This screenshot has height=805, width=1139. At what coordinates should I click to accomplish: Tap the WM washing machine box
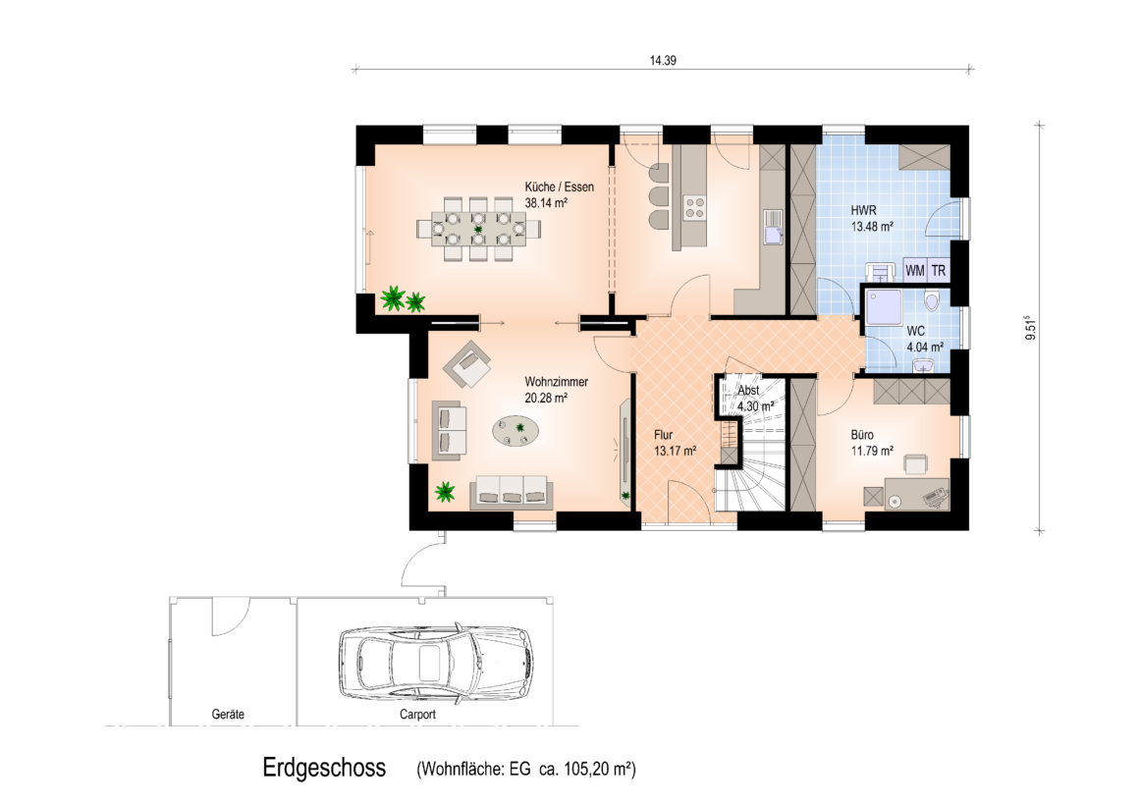click(915, 270)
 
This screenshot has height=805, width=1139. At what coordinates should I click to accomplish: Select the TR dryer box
click(939, 270)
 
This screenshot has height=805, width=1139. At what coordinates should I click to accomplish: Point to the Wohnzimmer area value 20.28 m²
click(546, 398)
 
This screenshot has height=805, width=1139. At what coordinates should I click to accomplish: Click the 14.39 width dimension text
click(663, 60)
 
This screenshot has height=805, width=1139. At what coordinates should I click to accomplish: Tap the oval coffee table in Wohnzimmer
click(515, 431)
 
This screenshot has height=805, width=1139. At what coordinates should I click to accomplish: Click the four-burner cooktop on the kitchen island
click(695, 208)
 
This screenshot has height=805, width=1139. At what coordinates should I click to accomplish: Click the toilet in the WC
click(931, 299)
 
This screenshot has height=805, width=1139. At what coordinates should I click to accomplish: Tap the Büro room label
click(862, 435)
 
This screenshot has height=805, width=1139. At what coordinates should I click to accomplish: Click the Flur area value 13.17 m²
click(675, 451)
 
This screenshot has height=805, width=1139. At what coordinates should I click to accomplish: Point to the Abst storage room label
click(748, 390)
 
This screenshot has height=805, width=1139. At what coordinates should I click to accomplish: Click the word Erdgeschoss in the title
click(324, 768)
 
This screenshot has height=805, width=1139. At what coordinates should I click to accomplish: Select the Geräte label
click(228, 714)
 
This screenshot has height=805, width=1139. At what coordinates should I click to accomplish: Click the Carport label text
click(417, 714)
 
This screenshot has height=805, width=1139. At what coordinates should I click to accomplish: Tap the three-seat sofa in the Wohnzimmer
click(510, 491)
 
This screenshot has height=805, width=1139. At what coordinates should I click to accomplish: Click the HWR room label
click(864, 210)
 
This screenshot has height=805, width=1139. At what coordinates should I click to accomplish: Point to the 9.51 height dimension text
click(1030, 328)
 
